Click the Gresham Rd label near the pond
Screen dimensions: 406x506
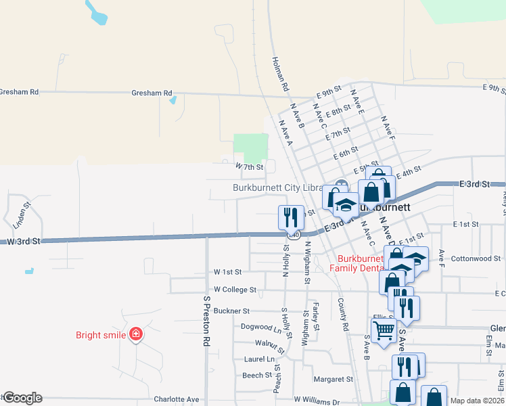click(152, 93)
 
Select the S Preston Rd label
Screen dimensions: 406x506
click(207, 321)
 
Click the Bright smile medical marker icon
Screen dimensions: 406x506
click(136, 334)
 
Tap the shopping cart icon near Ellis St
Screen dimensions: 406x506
click(384, 331)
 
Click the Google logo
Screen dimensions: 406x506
click(22, 398)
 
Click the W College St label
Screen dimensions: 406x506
click(235, 289)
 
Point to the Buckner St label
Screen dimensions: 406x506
click(231, 311)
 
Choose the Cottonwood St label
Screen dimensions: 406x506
click(476, 258)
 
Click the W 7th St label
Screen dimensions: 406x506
click(248, 166)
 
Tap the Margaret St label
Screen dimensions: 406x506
click(333, 380)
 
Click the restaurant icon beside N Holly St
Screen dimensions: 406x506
click(291, 217)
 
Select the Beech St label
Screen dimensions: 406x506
click(257, 374)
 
